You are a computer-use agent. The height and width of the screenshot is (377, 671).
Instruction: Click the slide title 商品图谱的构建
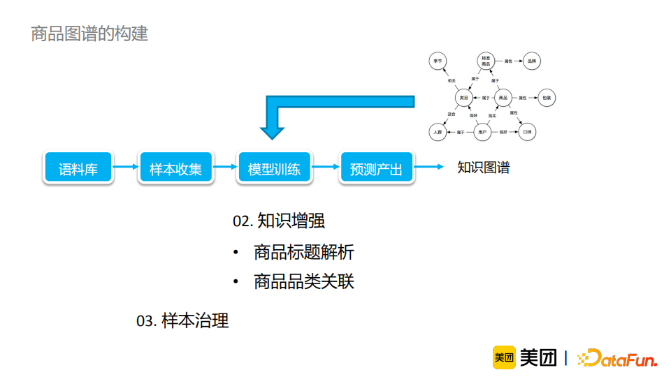[89, 34]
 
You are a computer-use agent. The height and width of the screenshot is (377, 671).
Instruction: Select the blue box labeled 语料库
[78, 168]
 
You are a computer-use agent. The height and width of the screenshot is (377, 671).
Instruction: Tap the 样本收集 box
[175, 168]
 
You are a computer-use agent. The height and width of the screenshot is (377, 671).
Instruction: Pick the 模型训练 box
[274, 168]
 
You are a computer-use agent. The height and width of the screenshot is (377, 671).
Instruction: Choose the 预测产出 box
[376, 168]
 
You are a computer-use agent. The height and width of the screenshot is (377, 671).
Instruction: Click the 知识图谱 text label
[484, 168]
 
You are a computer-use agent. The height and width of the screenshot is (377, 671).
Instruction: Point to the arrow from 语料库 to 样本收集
[126, 167]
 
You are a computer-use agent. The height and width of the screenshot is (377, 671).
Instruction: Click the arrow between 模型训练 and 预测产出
[324, 167]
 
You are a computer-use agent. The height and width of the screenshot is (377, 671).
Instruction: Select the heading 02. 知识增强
[279, 221]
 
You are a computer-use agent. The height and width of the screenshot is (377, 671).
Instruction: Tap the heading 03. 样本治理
[182, 321]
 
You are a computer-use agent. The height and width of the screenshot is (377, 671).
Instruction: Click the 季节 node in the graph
[438, 61]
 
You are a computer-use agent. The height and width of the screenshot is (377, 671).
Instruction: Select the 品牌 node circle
[532, 61]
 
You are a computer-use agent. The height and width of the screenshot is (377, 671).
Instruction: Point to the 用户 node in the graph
[482, 131]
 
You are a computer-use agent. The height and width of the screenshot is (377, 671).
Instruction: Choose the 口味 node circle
[528, 131]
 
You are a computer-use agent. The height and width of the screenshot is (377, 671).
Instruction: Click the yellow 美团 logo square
[504, 357]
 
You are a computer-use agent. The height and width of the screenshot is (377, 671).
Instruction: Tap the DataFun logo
[617, 358]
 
